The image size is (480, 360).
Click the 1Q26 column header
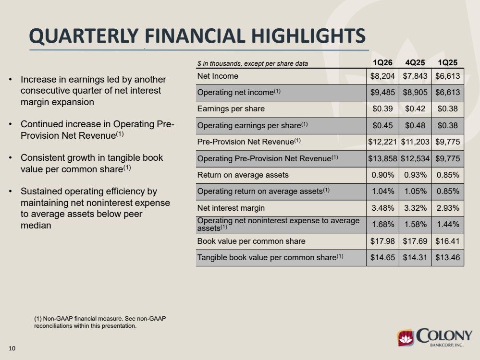click(382, 63)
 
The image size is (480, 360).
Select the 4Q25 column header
click(415, 63)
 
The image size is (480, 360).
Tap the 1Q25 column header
click(447, 63)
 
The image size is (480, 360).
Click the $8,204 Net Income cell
click(382, 76)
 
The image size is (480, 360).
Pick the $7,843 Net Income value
click(415, 76)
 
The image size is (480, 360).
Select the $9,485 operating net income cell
click(382, 93)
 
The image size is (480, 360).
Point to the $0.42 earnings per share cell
click(415, 109)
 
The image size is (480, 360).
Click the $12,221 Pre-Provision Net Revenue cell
click(382, 142)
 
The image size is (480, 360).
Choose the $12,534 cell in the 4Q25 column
click(415, 159)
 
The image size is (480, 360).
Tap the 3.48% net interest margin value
click(382, 208)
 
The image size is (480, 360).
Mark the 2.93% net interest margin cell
click(447, 208)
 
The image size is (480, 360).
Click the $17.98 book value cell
click(382, 241)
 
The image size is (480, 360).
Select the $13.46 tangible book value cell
click(447, 258)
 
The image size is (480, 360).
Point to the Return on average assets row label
click(243, 175)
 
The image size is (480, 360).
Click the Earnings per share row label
click(231, 109)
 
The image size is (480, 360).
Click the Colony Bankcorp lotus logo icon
click(406, 338)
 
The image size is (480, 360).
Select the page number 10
click(12, 348)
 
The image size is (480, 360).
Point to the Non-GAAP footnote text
click(100, 322)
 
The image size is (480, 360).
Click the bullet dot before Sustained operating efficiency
click(11, 192)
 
